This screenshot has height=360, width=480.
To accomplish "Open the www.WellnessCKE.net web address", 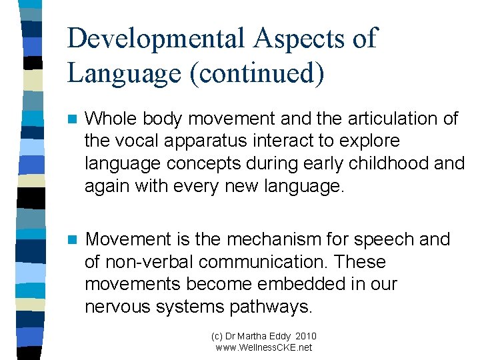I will [x=263, y=347].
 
